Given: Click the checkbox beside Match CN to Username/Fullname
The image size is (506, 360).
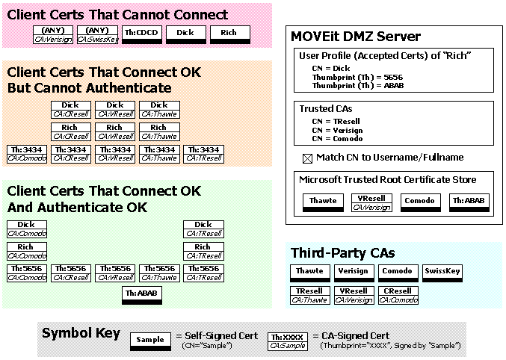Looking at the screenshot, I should pyautogui.click(x=306, y=158).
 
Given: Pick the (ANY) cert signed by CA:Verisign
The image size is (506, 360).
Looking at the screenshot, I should pyautogui.click(x=53, y=34).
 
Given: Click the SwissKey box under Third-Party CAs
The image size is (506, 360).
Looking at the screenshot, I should pyautogui.click(x=442, y=272).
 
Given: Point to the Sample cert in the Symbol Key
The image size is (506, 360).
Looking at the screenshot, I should pyautogui.click(x=150, y=341).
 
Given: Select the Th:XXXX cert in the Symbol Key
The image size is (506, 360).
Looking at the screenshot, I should pyautogui.click(x=287, y=341).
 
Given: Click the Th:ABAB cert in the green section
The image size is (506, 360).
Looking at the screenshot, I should pyautogui.click(x=141, y=295).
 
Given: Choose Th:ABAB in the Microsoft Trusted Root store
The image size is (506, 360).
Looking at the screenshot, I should pyautogui.click(x=469, y=202).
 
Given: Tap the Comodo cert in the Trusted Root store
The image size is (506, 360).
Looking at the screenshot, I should pyautogui.click(x=419, y=202).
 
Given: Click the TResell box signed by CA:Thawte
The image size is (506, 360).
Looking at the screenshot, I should pyautogui.click(x=309, y=295).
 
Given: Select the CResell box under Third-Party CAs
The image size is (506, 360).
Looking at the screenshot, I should pyautogui.click(x=397, y=295).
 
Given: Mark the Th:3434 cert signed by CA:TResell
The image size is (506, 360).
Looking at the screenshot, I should pyautogui.click(x=203, y=154).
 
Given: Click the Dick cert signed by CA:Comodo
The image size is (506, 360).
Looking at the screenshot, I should pyautogui.click(x=26, y=229).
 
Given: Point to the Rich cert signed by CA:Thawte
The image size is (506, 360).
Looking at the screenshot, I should pyautogui.click(x=158, y=131).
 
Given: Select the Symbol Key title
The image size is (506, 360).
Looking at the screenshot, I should pyautogui.click(x=81, y=333).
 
